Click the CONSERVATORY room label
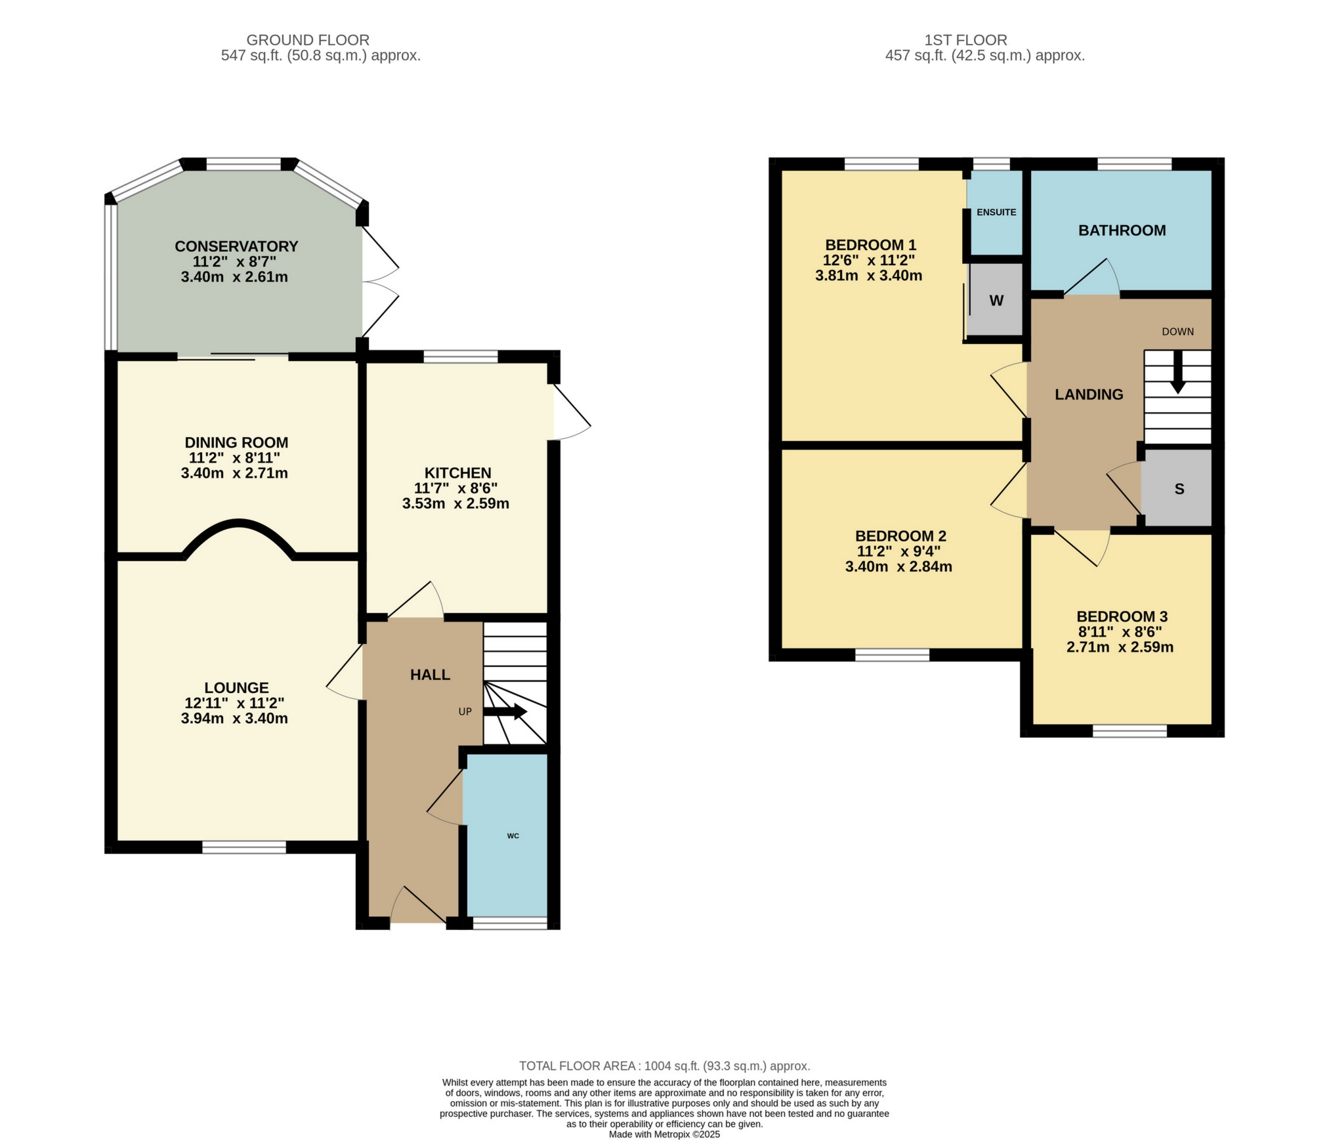[x=236, y=246]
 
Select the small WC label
[x=513, y=835]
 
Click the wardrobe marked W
[x=996, y=301]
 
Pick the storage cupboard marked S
[x=1179, y=489]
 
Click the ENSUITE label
[x=996, y=212]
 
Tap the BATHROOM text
[x=1122, y=230]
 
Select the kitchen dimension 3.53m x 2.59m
[x=455, y=504]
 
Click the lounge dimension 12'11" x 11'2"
[x=234, y=703]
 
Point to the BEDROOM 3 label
[x=1122, y=616]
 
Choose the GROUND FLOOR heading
[x=308, y=40]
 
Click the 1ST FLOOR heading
[x=965, y=40]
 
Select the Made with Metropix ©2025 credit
[x=664, y=1134]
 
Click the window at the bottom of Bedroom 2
[x=892, y=654]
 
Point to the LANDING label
[x=1088, y=394]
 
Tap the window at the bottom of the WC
[x=510, y=923]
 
